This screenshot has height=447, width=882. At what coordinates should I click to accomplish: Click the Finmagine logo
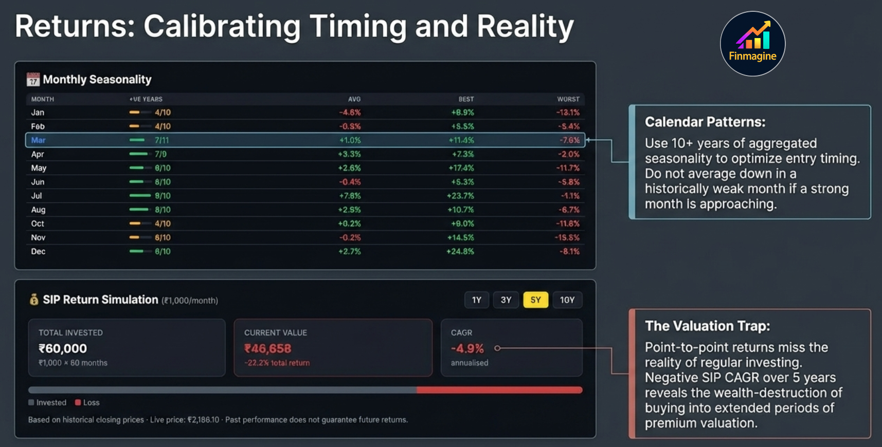pos(752,44)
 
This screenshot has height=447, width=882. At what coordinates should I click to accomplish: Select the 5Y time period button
pos(535,300)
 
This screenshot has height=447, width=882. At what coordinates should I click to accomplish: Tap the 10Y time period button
pos(567,300)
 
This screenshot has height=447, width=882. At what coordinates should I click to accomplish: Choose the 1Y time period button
pos(476,300)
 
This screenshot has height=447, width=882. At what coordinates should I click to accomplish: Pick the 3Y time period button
pos(506,300)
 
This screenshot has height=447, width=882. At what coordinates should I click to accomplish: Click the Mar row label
pos(38,140)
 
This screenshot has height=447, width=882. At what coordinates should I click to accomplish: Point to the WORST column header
pos(568,99)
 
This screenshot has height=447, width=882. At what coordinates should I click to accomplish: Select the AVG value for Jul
pos(349,196)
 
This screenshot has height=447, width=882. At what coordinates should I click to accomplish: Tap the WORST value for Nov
pos(567,238)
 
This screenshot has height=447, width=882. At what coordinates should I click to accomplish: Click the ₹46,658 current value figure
pos(267,349)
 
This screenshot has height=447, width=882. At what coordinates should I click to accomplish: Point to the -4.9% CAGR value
pos(467,349)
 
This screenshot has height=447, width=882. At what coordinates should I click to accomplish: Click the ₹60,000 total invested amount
pos(63,348)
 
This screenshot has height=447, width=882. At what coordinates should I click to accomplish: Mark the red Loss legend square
pos(78,403)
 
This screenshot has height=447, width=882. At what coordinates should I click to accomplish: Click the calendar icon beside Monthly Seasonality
pos(33,79)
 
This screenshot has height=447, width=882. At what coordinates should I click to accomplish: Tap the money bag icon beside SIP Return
pos(34,300)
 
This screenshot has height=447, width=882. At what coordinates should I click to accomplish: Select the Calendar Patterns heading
pos(705,122)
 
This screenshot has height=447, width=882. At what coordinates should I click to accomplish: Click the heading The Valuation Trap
pos(707,326)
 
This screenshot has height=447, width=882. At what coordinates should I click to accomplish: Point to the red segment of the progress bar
pos(499,390)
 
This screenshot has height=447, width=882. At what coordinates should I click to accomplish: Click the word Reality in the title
pos(525,27)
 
